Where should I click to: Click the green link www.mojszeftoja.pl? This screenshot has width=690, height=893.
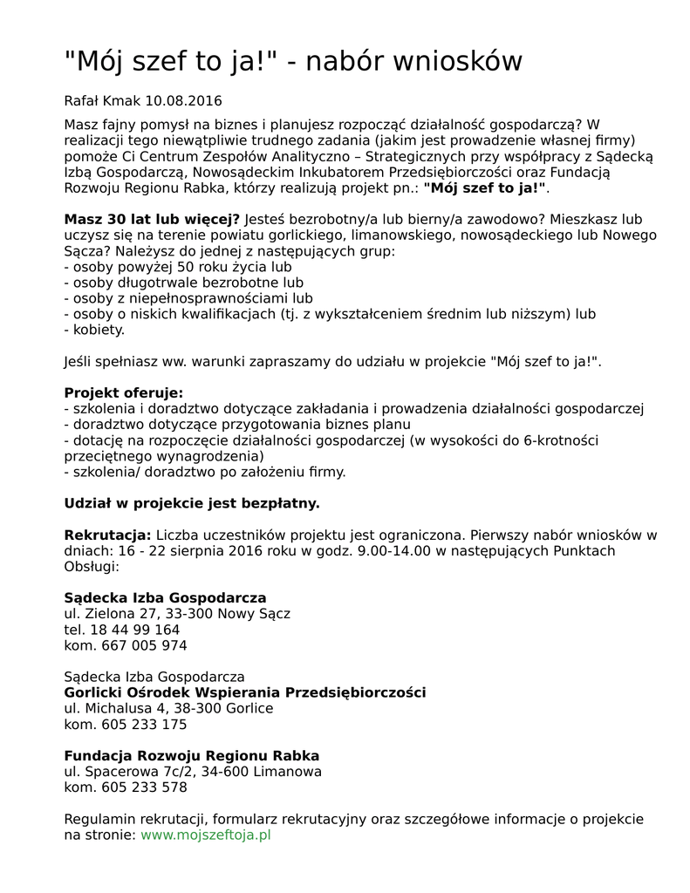[206, 835]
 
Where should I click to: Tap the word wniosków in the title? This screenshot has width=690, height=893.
[459, 61]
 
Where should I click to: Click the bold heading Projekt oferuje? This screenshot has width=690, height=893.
[124, 392]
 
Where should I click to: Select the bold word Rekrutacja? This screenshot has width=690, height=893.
[108, 534]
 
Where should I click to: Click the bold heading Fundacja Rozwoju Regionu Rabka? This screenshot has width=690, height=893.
[192, 755]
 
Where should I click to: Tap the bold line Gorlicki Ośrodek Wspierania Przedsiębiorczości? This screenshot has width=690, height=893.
[245, 692]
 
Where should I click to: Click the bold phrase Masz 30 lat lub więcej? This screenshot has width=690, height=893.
[152, 220]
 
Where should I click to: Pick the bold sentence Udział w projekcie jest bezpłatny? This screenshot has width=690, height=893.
[192, 503]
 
